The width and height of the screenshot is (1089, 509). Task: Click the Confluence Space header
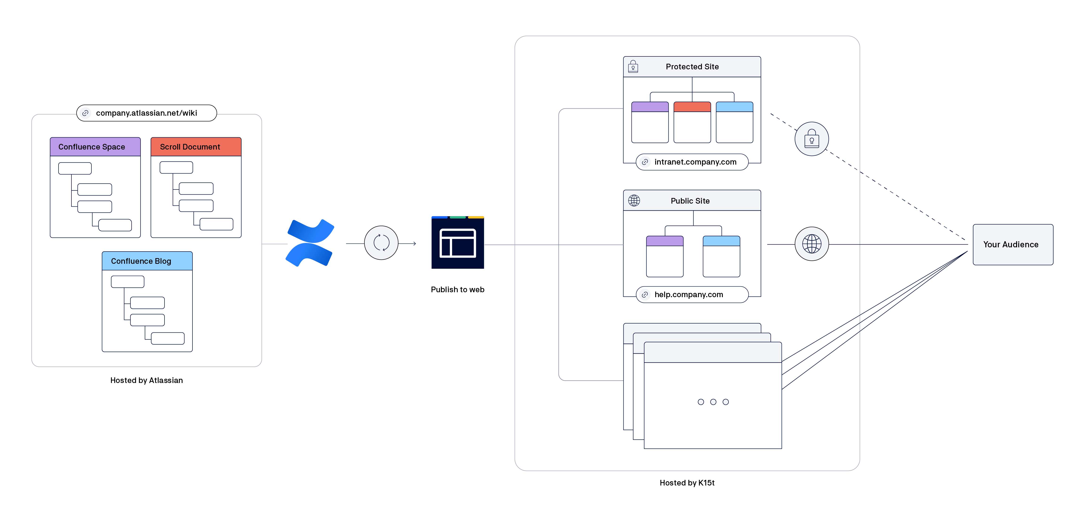tap(95, 147)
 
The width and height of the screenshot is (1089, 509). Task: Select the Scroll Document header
tap(196, 147)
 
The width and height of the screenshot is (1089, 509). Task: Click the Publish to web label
tap(457, 290)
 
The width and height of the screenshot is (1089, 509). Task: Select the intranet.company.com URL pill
tap(692, 162)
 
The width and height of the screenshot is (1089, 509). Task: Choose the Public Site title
tap(690, 201)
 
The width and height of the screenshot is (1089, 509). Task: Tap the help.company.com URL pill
tap(692, 295)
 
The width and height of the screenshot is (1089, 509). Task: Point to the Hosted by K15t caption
tap(687, 483)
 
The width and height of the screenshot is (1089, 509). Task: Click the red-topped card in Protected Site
tap(692, 122)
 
